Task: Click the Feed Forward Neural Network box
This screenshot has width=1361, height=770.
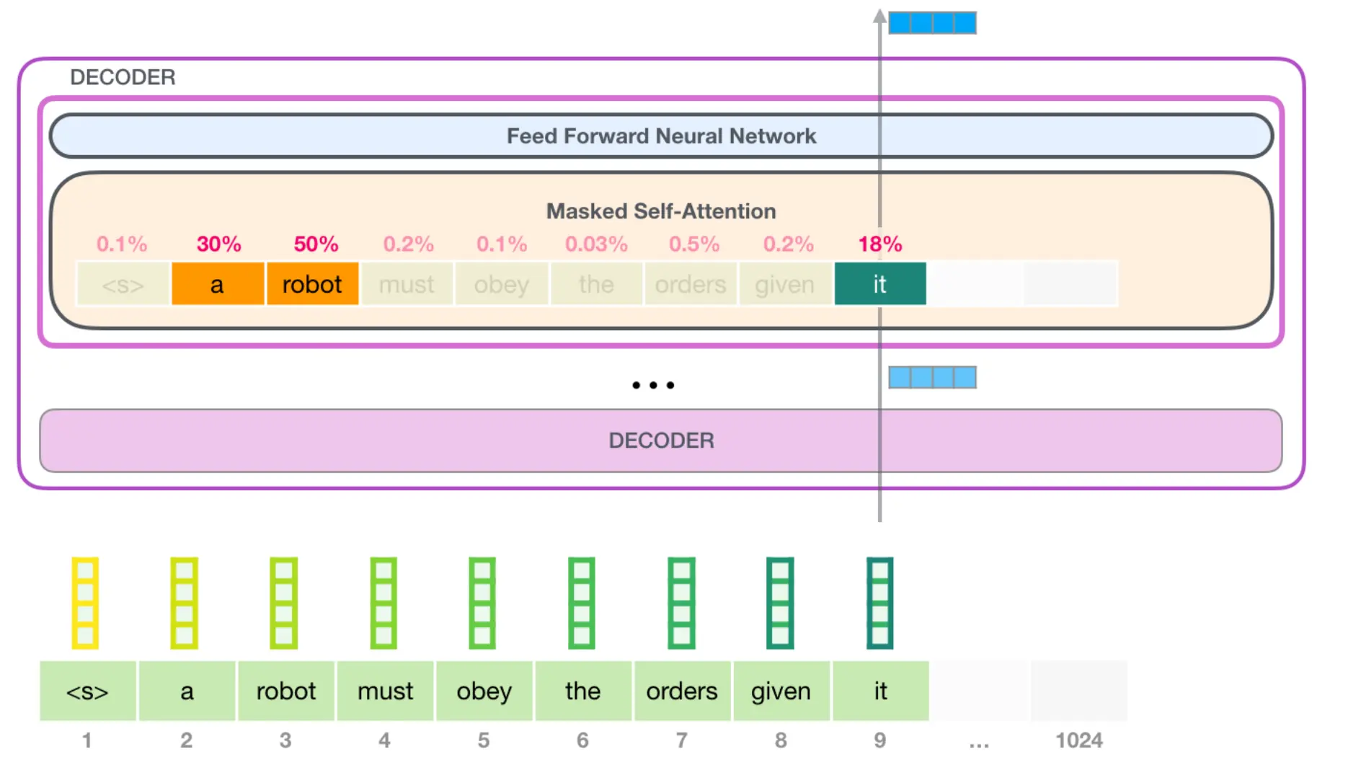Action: click(661, 136)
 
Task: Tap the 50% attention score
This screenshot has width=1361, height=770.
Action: click(316, 244)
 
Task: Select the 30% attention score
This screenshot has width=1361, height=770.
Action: click(219, 244)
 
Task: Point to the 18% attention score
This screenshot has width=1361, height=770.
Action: click(880, 244)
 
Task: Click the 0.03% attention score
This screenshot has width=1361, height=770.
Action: click(596, 244)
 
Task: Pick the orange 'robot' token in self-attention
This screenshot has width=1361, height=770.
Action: click(312, 284)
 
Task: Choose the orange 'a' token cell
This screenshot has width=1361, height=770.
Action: click(217, 284)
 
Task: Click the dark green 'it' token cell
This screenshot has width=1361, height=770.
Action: click(880, 284)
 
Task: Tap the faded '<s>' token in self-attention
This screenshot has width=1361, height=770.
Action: click(123, 284)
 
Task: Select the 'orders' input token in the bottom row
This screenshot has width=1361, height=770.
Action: click(682, 691)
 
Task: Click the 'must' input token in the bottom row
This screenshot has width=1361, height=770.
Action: click(385, 691)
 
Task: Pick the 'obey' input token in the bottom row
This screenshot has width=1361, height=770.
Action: click(484, 691)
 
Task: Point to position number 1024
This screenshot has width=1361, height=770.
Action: click(1079, 740)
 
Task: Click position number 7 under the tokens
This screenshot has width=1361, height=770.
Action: click(681, 740)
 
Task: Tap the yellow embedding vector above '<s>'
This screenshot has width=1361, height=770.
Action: click(85, 603)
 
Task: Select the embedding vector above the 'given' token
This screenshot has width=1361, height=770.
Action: click(780, 603)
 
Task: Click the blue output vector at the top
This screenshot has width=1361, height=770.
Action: click(932, 22)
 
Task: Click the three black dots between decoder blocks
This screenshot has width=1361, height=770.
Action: click(653, 385)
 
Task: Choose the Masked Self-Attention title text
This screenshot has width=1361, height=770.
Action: click(661, 211)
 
